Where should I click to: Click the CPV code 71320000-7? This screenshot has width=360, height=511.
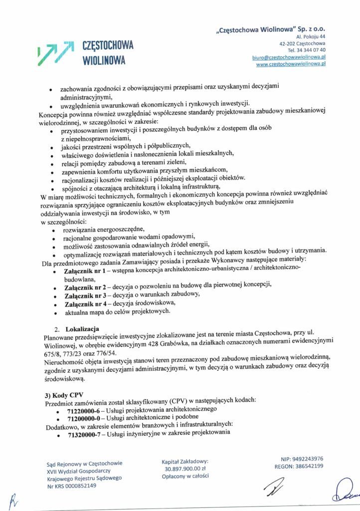pyautogui.click(x=85, y=433)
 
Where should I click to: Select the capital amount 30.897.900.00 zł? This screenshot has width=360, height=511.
pyautogui.click(x=185, y=469)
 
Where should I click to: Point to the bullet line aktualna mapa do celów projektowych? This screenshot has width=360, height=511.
pyautogui.click(x=117, y=312)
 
